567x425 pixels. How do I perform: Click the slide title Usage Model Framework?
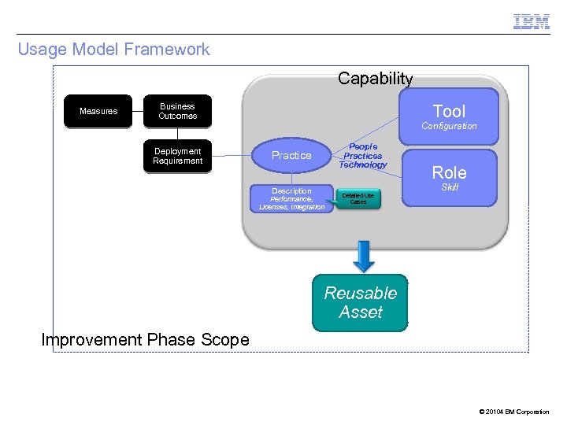[x=114, y=50]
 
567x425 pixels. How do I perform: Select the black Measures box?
[x=98, y=111]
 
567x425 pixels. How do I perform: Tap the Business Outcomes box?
[x=178, y=111]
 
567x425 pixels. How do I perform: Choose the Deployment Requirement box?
[x=178, y=156]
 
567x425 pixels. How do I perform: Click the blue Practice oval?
[x=291, y=155]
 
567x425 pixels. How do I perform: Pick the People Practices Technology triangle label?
[x=363, y=156]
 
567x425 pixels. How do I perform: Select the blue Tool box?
[x=450, y=111]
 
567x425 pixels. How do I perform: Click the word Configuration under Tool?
[x=449, y=126]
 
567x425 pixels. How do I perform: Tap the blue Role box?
[x=450, y=173]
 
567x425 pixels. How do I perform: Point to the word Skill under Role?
[x=450, y=187]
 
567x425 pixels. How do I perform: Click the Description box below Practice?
[x=291, y=198]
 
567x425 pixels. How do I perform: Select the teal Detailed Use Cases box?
[x=358, y=198]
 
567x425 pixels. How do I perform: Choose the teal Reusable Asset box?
[x=361, y=303]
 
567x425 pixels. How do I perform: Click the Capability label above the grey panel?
[x=375, y=79]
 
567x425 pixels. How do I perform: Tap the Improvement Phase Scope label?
[x=145, y=340]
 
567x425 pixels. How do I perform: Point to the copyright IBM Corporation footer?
[x=513, y=412]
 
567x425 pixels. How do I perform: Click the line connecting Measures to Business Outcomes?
[x=139, y=111]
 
